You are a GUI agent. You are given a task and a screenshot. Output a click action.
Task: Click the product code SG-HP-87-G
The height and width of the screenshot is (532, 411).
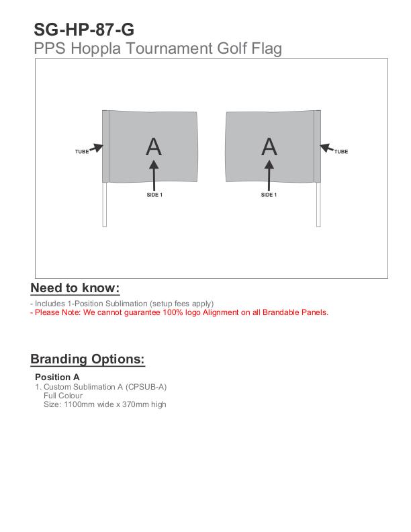[84, 30]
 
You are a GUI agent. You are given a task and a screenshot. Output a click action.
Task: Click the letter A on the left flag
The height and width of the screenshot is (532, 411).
[154, 146]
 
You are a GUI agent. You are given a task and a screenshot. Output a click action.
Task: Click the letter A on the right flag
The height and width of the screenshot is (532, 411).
[269, 146]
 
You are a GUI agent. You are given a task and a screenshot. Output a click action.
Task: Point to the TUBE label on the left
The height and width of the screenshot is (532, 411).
[82, 152]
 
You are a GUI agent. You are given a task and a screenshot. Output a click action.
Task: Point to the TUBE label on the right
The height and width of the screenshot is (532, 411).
[341, 152]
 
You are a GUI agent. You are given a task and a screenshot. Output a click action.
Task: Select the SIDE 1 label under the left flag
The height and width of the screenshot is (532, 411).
[154, 195]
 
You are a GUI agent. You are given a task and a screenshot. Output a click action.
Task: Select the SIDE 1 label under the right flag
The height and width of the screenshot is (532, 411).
[269, 195]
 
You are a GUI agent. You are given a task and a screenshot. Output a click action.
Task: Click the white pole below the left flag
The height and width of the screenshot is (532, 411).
[105, 205]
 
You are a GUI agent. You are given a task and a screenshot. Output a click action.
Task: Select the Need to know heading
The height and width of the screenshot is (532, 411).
[75, 288]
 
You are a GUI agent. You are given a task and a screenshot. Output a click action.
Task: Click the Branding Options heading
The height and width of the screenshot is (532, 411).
[87, 359]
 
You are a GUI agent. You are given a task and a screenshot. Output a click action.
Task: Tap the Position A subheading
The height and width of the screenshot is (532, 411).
[57, 377]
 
